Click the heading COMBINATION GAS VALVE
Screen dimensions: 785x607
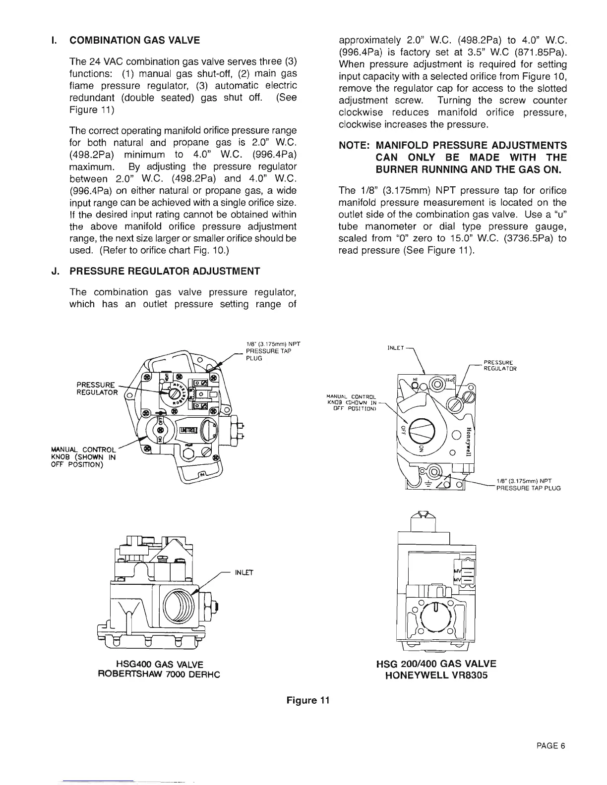(x=134, y=41)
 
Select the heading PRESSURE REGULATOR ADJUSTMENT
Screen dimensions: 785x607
(x=165, y=271)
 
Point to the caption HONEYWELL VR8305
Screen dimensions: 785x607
(x=436, y=675)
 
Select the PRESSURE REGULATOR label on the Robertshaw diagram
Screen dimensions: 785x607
(x=97, y=389)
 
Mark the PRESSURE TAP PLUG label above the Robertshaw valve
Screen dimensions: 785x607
(x=268, y=351)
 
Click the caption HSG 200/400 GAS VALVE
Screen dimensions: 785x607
(x=436, y=664)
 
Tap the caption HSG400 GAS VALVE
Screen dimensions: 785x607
(x=159, y=664)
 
